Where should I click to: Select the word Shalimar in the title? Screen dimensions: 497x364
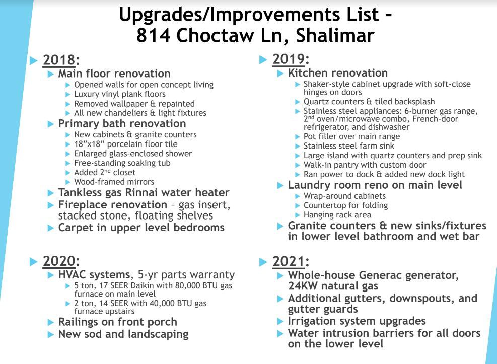click(335, 35)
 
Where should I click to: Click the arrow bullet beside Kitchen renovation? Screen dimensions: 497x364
click(280, 74)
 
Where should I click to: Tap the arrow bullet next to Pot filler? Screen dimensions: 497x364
click(297, 137)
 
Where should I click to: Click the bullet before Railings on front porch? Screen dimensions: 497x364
click(51, 323)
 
